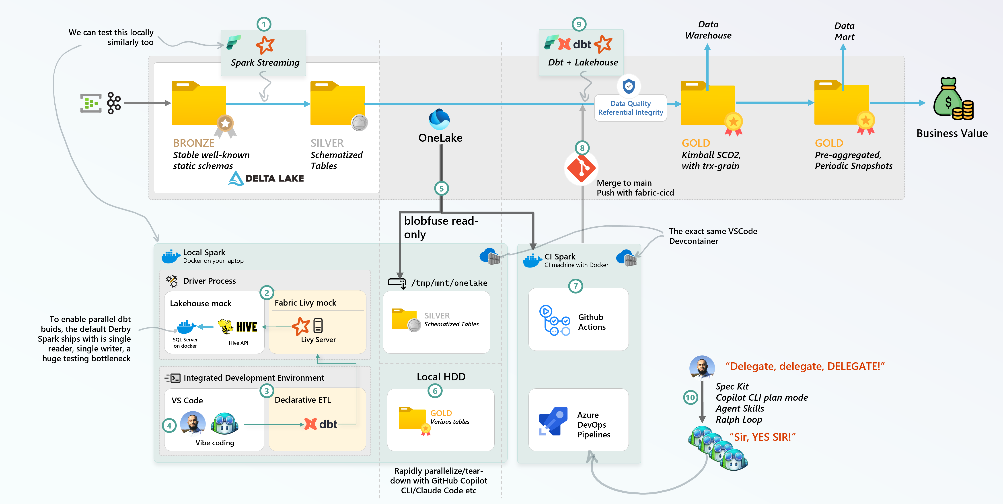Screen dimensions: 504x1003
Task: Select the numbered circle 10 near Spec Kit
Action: click(690, 397)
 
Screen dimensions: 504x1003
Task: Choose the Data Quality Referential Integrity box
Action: click(630, 108)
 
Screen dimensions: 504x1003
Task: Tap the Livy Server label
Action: click(318, 340)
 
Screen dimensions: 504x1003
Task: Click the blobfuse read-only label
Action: click(441, 228)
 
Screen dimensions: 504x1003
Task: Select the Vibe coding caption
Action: click(215, 443)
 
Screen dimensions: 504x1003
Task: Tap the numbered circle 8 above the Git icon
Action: click(582, 148)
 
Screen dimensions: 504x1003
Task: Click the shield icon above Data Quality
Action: click(628, 86)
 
